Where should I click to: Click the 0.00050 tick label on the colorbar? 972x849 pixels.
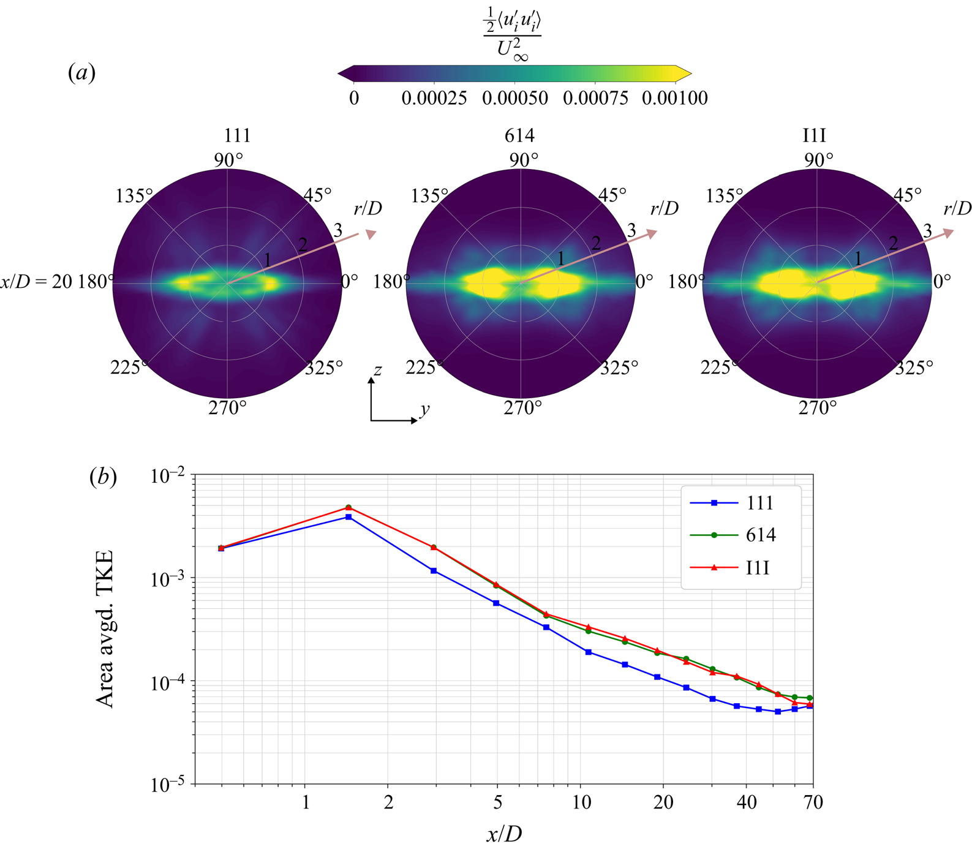click(515, 98)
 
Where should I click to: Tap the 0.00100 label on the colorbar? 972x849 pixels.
click(675, 98)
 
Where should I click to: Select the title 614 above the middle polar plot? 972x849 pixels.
click(519, 135)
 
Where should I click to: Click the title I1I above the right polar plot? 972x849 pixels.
click(814, 135)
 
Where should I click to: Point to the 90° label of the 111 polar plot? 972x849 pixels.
click(228, 160)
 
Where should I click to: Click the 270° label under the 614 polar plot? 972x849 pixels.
click(522, 407)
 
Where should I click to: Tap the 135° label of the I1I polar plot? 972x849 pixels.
click(724, 196)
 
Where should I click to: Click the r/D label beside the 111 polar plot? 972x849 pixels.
click(367, 209)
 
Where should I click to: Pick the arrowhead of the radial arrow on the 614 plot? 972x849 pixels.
click(652, 233)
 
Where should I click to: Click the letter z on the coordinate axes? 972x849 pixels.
click(378, 370)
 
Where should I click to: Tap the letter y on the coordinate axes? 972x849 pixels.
click(424, 410)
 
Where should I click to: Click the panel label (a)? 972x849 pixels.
click(81, 73)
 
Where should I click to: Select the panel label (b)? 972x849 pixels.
click(103, 477)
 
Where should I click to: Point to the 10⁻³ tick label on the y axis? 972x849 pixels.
click(168, 578)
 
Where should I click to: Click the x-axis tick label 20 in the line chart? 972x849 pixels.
click(663, 802)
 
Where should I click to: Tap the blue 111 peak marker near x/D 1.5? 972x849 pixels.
click(348, 517)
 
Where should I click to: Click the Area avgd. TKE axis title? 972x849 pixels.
click(105, 630)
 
